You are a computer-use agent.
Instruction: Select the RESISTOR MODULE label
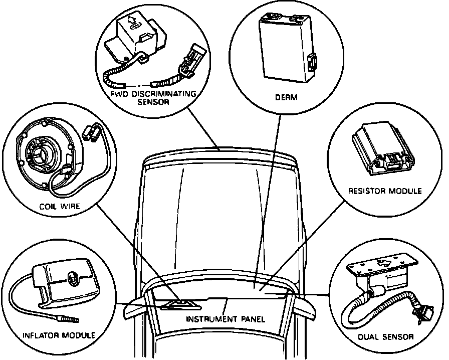[x=385, y=191]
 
